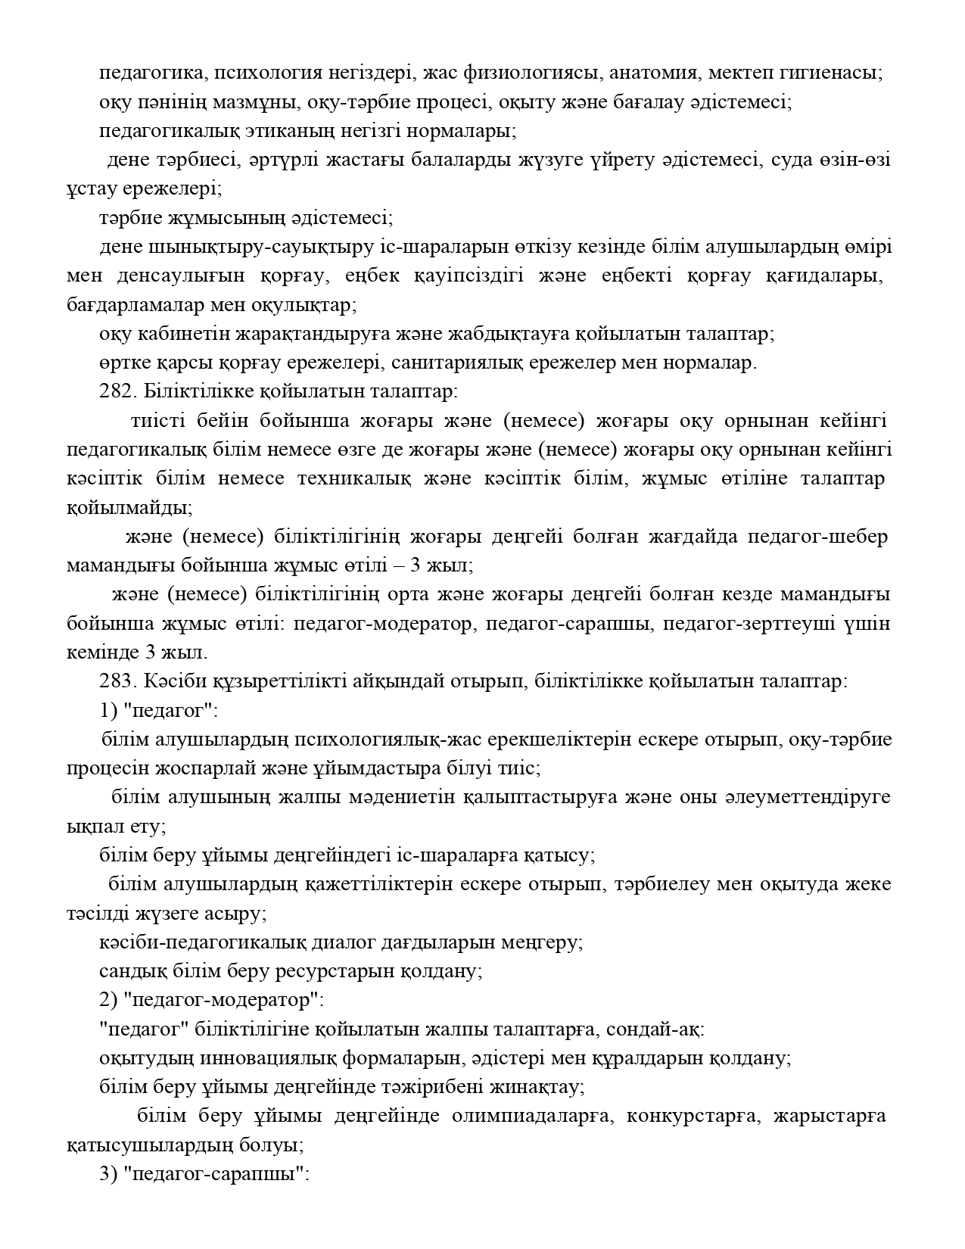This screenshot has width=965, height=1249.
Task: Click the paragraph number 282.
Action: coord(114,392)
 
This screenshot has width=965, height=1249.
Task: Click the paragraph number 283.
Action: coord(114,681)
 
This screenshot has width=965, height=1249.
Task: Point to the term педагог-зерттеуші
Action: coord(750,624)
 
